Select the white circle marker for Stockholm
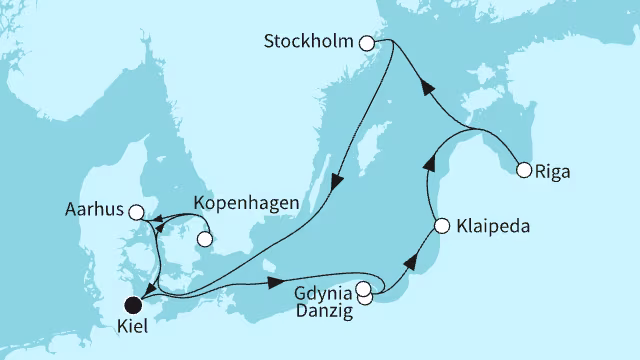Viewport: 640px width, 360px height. pyautogui.click(x=366, y=43)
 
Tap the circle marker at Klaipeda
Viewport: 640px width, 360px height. pyautogui.click(x=440, y=225)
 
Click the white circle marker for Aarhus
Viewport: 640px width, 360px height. pyautogui.click(x=137, y=211)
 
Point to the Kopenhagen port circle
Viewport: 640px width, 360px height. pyautogui.click(x=205, y=239)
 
